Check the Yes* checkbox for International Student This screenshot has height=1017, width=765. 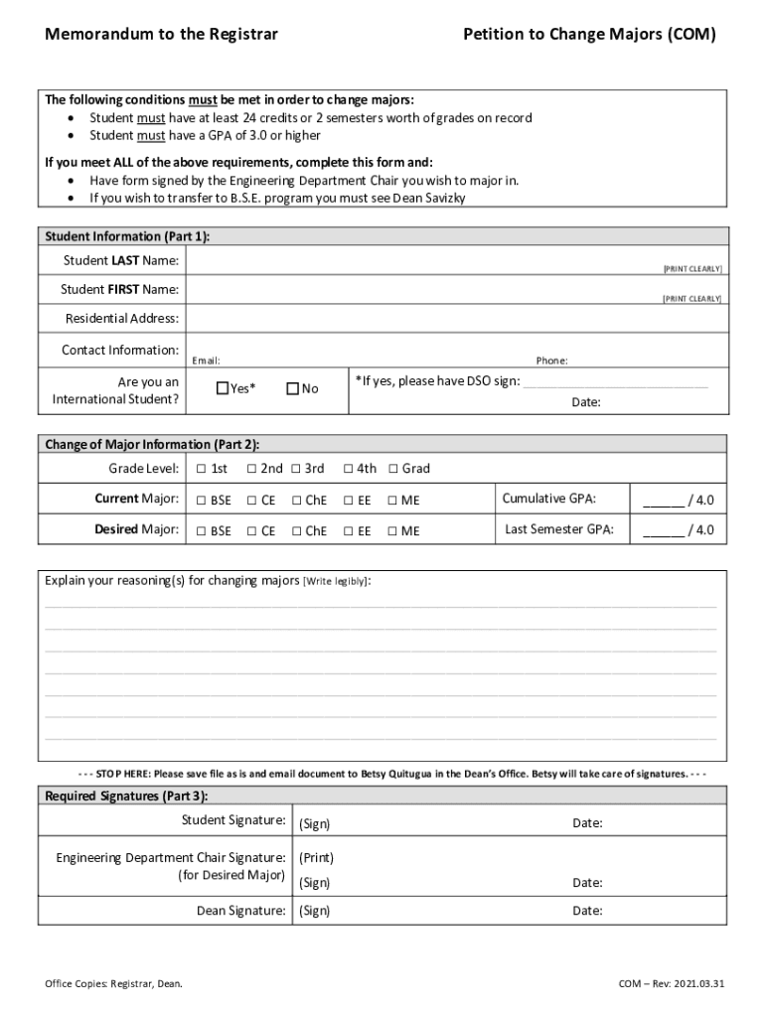pyautogui.click(x=222, y=388)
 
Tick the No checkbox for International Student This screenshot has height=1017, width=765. pyautogui.click(x=292, y=388)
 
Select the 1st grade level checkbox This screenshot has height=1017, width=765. pyautogui.click(x=201, y=469)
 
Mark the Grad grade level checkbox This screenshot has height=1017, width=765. pyautogui.click(x=393, y=469)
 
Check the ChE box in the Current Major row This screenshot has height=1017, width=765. pyautogui.click(x=296, y=501)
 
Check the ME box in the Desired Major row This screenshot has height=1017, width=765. pyautogui.click(x=392, y=531)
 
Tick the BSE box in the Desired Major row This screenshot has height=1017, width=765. pyautogui.click(x=201, y=531)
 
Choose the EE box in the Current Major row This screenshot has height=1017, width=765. pyautogui.click(x=349, y=501)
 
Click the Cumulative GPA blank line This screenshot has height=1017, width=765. pyautogui.click(x=663, y=500)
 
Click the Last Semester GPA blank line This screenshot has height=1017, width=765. pyautogui.click(x=663, y=530)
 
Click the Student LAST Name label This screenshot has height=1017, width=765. pyautogui.click(x=121, y=260)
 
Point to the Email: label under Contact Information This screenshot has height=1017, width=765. pyautogui.click(x=206, y=362)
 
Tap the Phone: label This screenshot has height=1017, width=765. pyautogui.click(x=551, y=362)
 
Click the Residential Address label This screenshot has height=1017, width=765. pyautogui.click(x=122, y=319)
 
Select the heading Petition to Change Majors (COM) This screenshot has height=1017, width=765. pyautogui.click(x=589, y=35)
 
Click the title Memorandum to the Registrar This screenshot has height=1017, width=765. pyautogui.click(x=161, y=35)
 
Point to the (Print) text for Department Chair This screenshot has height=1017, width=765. pyautogui.click(x=316, y=858)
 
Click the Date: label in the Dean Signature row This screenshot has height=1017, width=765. pyautogui.click(x=587, y=911)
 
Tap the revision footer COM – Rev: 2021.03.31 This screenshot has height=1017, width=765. pyautogui.click(x=672, y=984)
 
